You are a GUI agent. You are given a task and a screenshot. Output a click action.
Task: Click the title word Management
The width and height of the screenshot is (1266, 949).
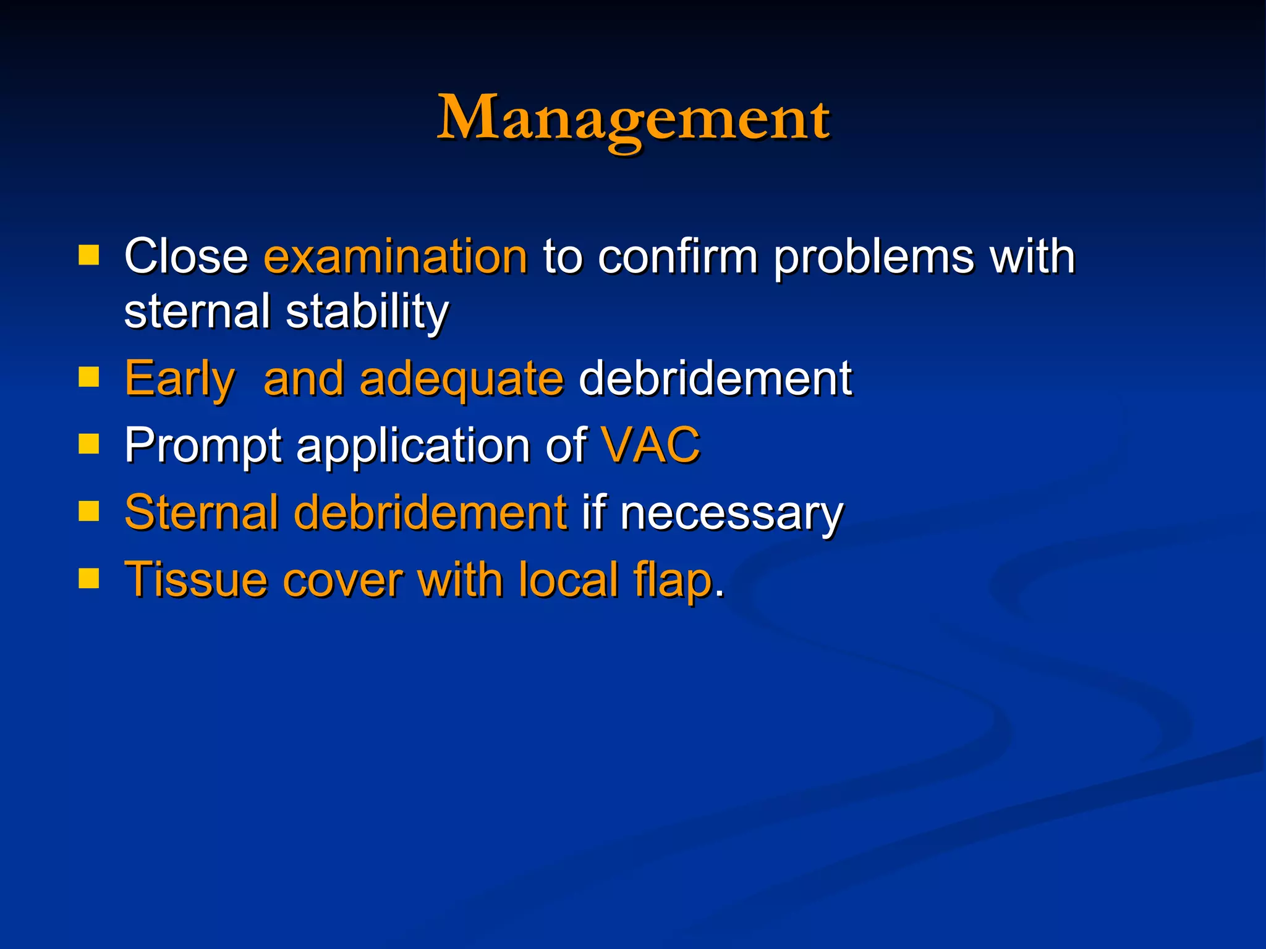point(633,119)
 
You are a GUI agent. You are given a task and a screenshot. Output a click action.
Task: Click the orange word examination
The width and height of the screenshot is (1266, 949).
point(396,256)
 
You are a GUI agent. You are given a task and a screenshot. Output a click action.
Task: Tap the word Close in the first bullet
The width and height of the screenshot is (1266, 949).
point(185,256)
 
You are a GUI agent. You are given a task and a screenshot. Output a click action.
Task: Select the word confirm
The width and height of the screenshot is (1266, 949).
point(678,256)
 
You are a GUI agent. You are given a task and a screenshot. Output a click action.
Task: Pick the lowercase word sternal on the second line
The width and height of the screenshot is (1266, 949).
point(197,312)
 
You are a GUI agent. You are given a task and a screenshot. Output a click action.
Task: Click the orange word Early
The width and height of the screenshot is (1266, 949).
point(179,379)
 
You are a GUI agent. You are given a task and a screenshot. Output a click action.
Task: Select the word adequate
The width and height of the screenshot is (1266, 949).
point(461,379)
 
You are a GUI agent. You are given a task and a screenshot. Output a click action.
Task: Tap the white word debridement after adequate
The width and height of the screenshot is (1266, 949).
point(715,379)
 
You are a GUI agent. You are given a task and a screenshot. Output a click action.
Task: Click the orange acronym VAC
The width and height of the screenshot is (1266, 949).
point(650,445)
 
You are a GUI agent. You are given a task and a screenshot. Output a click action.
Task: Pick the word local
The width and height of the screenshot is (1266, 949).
point(569,580)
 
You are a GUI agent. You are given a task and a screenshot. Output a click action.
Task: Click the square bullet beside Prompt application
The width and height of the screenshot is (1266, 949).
point(89,443)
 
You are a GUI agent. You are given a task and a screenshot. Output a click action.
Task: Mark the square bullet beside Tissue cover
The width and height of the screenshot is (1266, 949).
point(89,578)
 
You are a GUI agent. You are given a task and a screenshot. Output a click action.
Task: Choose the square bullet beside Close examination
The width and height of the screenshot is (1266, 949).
point(89,255)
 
